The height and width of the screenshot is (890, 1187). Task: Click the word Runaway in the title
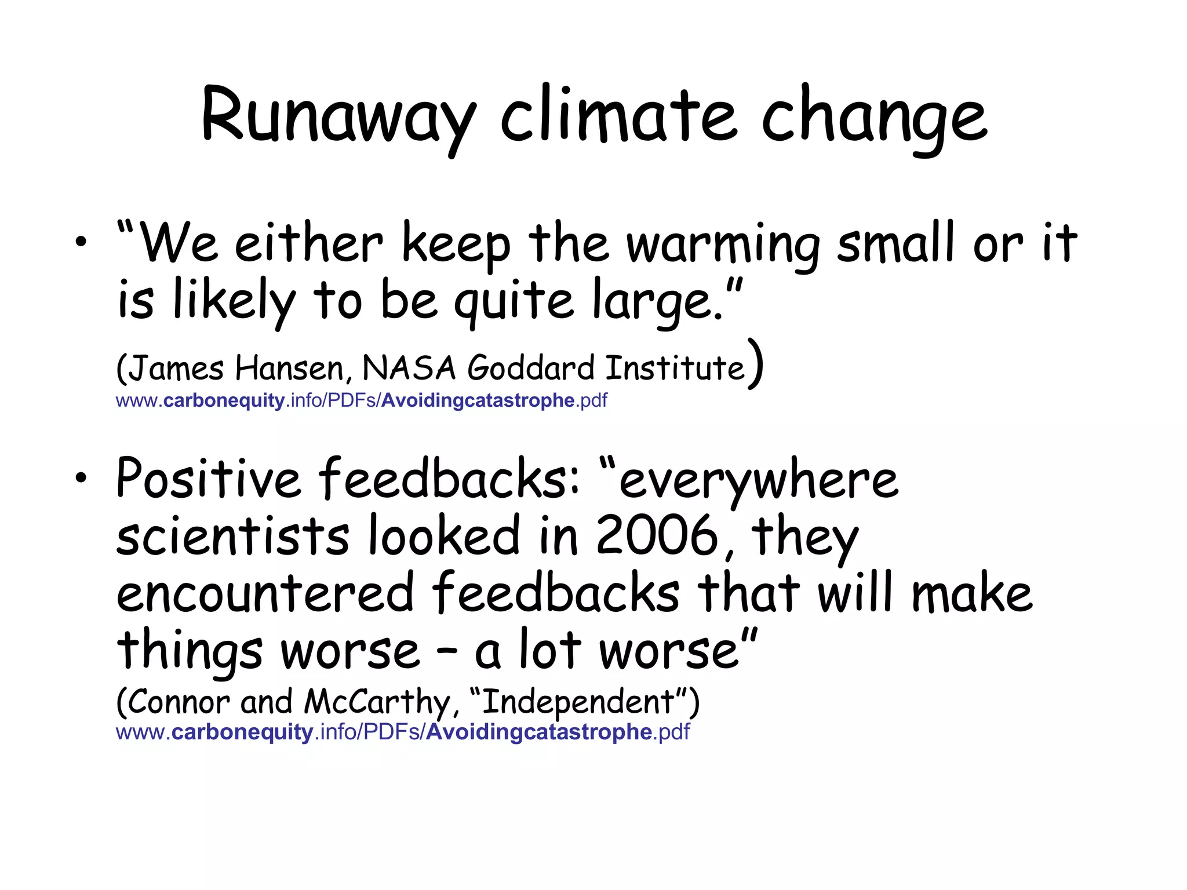point(339,116)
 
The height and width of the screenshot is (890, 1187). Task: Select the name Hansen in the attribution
point(293,368)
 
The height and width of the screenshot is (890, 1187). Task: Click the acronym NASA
point(409,368)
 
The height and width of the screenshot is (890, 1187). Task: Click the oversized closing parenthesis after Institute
point(755,364)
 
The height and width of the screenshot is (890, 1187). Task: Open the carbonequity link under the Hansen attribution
point(362,400)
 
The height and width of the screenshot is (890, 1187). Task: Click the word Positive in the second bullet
point(209,479)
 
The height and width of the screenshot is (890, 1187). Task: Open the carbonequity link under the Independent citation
point(403,732)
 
